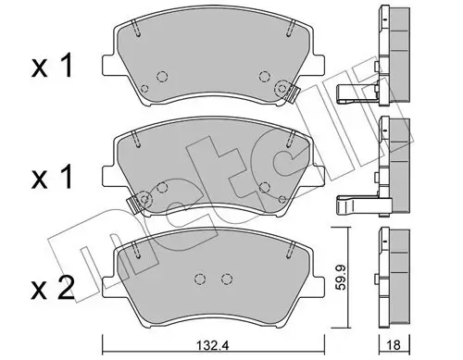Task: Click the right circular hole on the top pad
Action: (265, 77)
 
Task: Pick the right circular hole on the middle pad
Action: (265, 186)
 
